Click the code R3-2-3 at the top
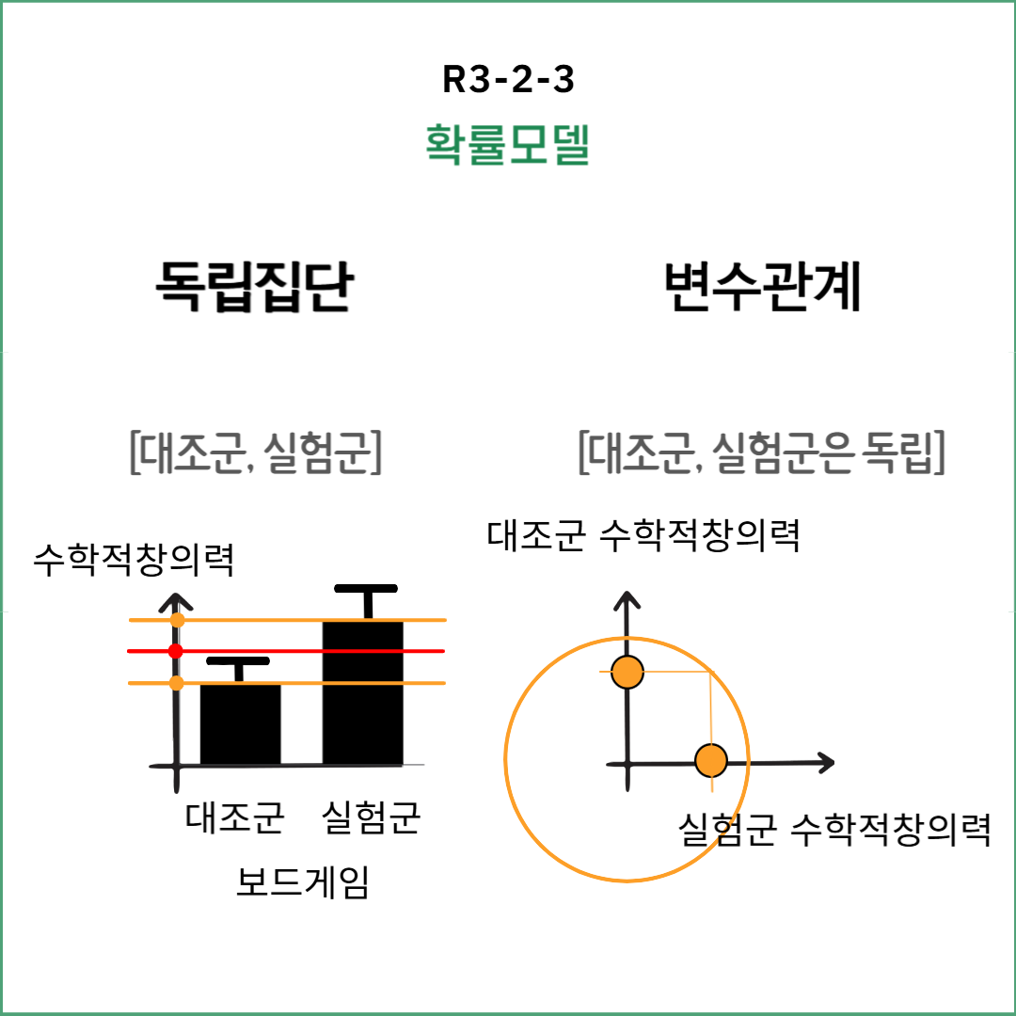[x=508, y=81]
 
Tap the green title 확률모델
[x=508, y=144]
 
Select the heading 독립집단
[x=254, y=286]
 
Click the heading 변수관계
[x=762, y=286]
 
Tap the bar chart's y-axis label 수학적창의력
[x=133, y=562]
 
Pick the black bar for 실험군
[x=363, y=691]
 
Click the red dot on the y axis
[x=175, y=651]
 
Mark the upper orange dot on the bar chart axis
[x=178, y=620]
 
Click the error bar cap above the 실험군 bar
[x=367, y=591]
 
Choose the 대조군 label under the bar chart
[x=235, y=817]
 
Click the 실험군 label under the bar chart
[x=371, y=817]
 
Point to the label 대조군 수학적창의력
[x=643, y=536]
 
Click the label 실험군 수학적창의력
[x=834, y=830]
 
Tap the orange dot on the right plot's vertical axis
[x=627, y=672]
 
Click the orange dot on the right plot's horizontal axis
[x=711, y=760]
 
